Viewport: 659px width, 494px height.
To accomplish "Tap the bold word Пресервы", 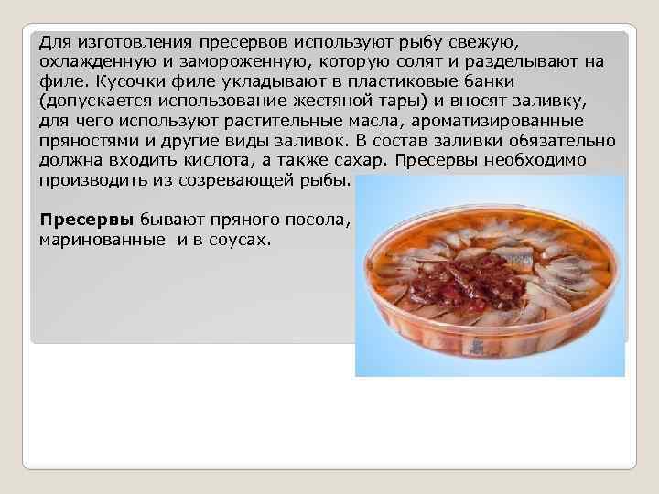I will coord(87,221).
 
